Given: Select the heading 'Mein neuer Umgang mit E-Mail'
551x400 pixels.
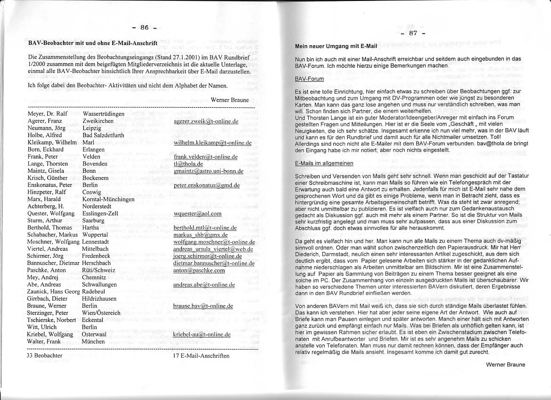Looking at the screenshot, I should pos(336,47).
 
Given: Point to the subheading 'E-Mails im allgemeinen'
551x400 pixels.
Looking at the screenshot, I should pos(324,163).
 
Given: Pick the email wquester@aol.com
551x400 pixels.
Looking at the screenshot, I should pos(197,214).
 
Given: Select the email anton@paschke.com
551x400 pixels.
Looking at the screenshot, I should pos(199,271).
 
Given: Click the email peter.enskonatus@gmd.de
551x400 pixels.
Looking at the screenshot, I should pos(206,185).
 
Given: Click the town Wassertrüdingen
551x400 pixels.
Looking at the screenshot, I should pos(103,114).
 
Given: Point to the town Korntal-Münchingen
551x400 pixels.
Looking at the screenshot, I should pos(108,199).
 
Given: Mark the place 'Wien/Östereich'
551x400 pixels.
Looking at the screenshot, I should pos(101,313).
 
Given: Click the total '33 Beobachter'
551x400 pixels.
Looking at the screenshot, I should pos(45,356).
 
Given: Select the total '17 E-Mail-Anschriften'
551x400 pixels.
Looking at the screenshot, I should pos(201,356).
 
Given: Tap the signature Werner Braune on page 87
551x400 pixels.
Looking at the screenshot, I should pos(505,364).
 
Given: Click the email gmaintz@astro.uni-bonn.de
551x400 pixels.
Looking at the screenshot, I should pos(208,171).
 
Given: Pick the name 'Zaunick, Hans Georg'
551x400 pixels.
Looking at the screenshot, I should pos(53,292).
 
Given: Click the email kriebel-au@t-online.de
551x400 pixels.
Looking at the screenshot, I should pos(202,335).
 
